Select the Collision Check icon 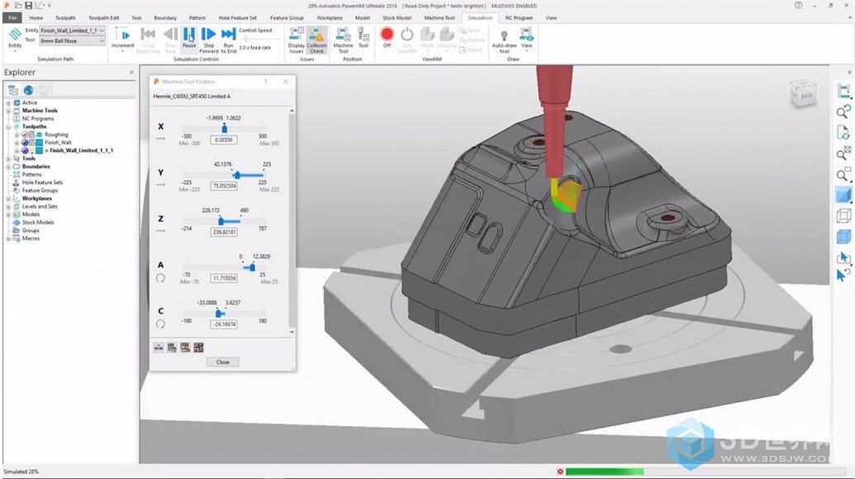pyautogui.click(x=316, y=37)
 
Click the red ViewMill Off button pyautogui.click(x=387, y=36)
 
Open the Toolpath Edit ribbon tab pyautogui.click(x=104, y=17)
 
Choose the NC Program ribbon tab pyautogui.click(x=519, y=17)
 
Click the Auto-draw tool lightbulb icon pyautogui.click(x=504, y=36)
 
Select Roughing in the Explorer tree pyautogui.click(x=56, y=135)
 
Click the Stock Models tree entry pyautogui.click(x=38, y=222)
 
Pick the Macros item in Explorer pyautogui.click(x=31, y=239)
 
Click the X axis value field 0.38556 pyautogui.click(x=224, y=140)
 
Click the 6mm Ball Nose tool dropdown pyautogui.click(x=73, y=40)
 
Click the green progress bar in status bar pyautogui.click(x=602, y=472)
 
